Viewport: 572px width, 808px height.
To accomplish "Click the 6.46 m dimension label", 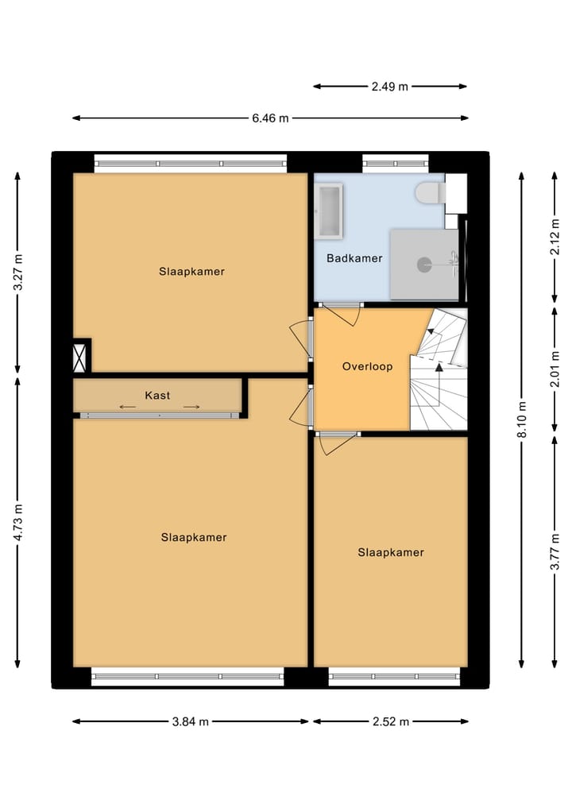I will coord(270,118).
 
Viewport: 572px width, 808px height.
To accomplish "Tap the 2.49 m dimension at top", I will coord(389,87).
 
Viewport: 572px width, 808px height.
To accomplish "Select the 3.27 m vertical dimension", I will coord(18,273).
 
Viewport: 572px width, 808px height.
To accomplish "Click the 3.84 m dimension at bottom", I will coord(191,721).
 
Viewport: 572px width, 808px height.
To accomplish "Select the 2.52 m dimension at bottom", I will coord(390,721).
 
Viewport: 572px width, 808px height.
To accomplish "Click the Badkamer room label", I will coord(354,258).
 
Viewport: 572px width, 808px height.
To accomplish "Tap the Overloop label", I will coord(367,366).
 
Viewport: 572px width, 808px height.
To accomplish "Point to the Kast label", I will coord(157,395).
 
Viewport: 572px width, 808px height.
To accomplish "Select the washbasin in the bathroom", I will coord(329,210).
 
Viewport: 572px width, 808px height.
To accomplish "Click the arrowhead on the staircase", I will coord(439,367).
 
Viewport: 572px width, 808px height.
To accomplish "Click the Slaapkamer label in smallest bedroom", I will coord(390,552).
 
